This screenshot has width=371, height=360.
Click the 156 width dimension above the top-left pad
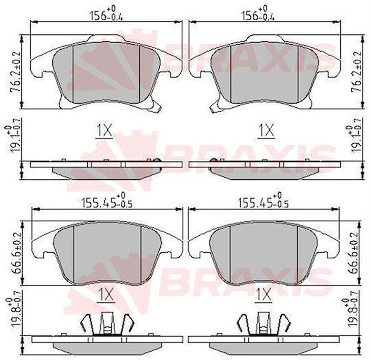tap(106, 14)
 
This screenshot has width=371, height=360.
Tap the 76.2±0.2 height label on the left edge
tap(15, 72)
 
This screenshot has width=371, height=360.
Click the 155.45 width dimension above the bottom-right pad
tap(263, 203)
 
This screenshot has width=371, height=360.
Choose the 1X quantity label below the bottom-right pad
tap(263, 295)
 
